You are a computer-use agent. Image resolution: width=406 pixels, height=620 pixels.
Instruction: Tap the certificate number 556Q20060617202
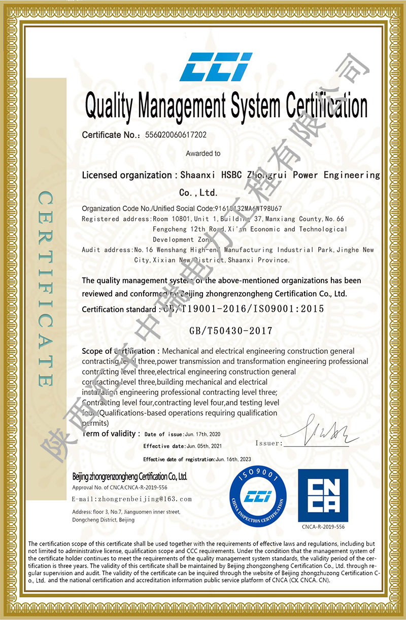pos(176,135)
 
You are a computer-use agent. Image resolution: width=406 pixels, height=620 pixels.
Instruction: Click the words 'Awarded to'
pos(203,153)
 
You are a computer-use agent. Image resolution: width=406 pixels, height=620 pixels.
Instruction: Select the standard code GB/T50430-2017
pos(231,331)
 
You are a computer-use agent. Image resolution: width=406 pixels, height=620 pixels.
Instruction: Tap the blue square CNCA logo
pos(323,495)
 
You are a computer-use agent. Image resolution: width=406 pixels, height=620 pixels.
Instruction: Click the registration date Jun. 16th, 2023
pos(233,459)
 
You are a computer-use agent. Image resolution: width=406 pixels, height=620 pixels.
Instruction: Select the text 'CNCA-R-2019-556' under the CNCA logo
pos(323,527)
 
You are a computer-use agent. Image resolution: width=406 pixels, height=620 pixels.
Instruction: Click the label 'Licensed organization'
pos(126,175)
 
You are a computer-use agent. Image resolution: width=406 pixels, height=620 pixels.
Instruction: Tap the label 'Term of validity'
pos(108,433)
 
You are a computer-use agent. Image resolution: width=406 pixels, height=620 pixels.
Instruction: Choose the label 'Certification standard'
pos(119,309)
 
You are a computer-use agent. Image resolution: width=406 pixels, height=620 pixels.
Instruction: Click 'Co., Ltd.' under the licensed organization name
pos(198,193)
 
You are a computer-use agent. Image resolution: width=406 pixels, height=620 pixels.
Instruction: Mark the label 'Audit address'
pos(106,250)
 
